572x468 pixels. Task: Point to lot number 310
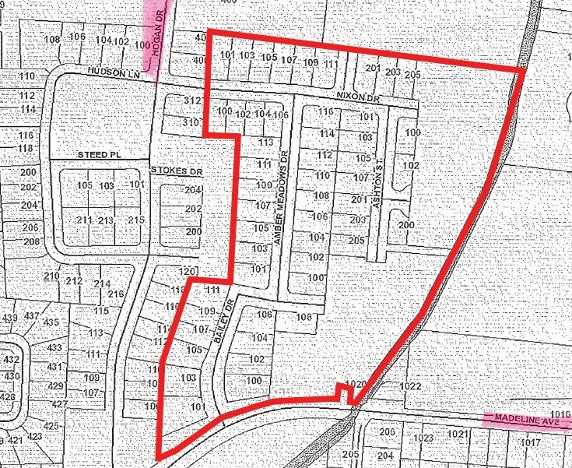[x=191, y=123]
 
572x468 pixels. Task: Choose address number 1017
[x=531, y=442]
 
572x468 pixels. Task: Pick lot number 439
[x=10, y=318]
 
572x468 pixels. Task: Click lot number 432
[x=11, y=360]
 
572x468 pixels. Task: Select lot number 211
[x=85, y=221]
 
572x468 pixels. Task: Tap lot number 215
[x=136, y=221]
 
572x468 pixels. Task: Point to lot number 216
[x=117, y=294]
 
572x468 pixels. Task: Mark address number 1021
[x=458, y=434]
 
